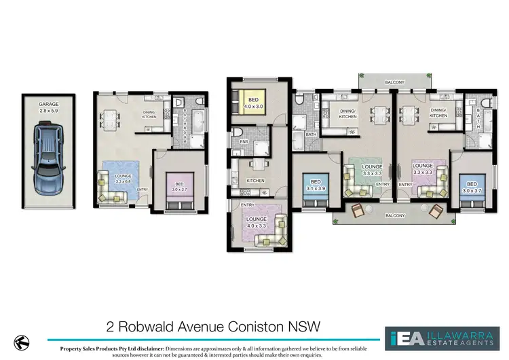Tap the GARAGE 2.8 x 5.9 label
tap(49, 107)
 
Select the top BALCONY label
tap(394, 83)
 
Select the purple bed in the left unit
tap(179, 191)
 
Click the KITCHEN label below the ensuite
tap(255, 181)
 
